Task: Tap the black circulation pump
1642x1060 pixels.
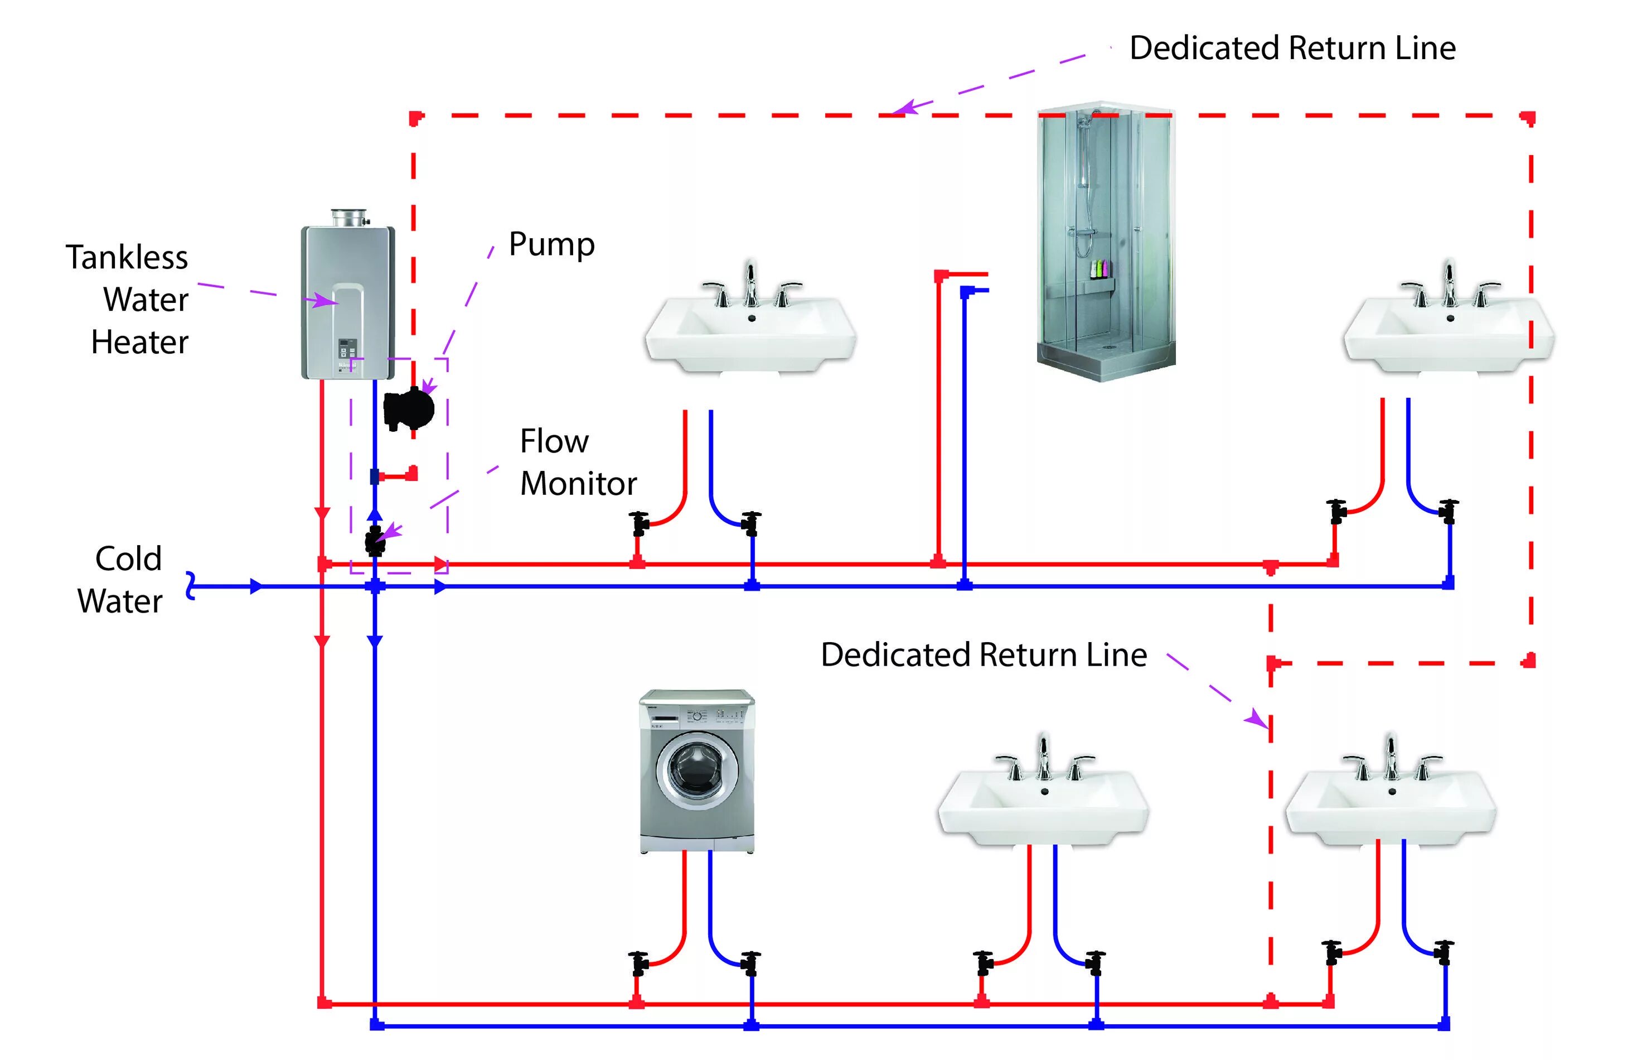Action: pos(409,409)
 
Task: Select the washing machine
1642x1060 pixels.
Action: pos(697,771)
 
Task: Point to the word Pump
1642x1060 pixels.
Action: pos(551,244)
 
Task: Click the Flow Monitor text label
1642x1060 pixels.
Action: pos(578,462)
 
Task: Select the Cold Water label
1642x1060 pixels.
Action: pos(120,580)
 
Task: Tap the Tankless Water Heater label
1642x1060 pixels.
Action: pos(127,300)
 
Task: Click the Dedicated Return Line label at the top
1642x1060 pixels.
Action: pos(1292,48)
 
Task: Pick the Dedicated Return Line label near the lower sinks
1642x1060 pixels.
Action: pos(984,654)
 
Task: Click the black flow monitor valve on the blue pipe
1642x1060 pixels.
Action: pos(375,541)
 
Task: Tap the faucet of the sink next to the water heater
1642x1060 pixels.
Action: pos(751,285)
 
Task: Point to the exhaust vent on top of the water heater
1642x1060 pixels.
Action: pos(350,218)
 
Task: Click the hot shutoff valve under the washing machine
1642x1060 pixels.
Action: pos(639,963)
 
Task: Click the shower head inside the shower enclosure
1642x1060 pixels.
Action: pos(1085,120)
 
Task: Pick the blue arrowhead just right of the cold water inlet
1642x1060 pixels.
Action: pos(256,586)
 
